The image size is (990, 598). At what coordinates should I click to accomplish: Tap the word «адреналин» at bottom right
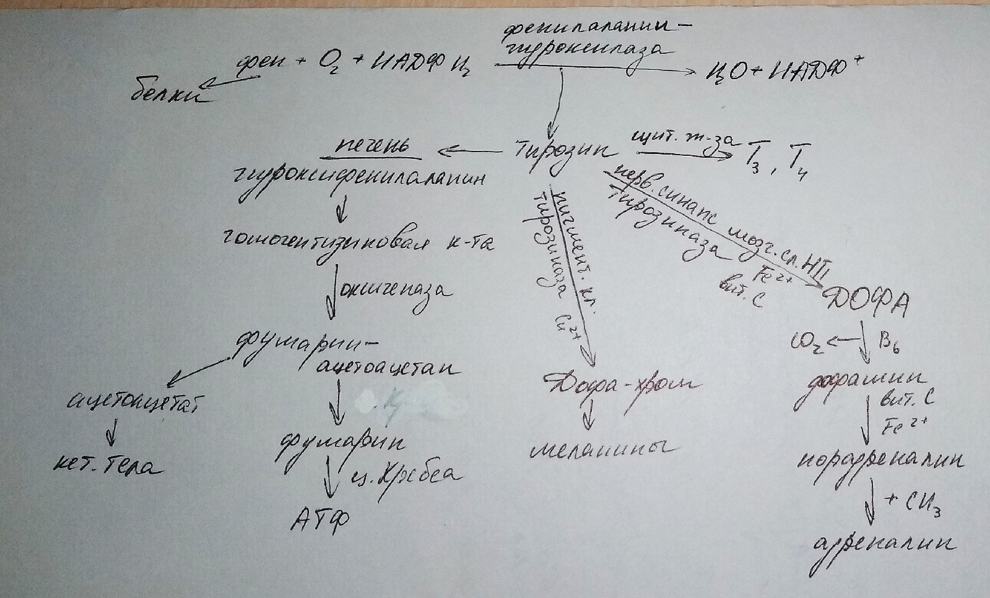[x=883, y=544]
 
